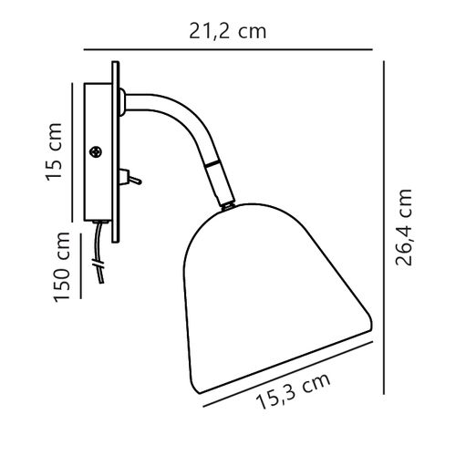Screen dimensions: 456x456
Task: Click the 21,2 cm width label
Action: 228,32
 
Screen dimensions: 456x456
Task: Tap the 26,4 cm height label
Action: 403,227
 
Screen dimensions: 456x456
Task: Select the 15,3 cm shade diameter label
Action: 294,391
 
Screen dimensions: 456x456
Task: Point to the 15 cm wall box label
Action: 54,152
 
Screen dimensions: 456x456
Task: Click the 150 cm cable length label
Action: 62,267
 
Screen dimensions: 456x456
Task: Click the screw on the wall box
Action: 96,151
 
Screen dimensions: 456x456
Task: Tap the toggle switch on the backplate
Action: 130,178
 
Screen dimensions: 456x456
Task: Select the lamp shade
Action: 277,299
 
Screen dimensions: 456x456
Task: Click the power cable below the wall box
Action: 99,253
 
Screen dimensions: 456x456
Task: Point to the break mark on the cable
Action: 98,264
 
